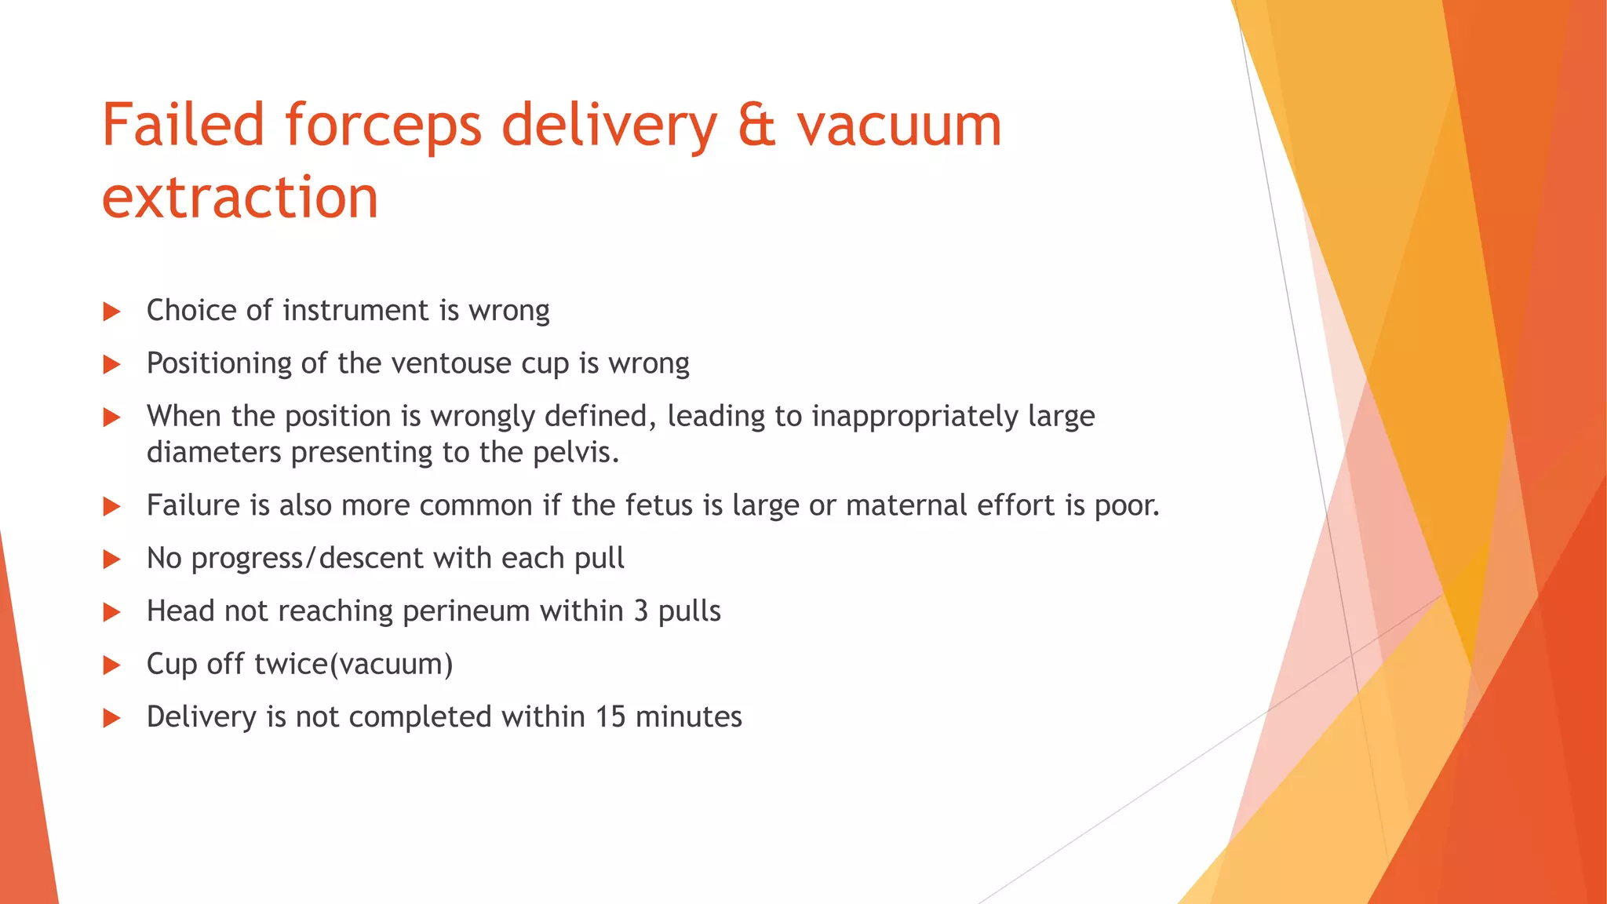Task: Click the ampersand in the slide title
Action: (x=756, y=126)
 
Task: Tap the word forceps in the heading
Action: (x=383, y=126)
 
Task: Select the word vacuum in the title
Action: (x=899, y=126)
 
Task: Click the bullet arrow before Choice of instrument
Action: (x=111, y=312)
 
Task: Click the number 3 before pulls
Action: (x=640, y=611)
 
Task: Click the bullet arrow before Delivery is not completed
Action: (x=111, y=718)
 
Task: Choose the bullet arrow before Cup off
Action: (x=111, y=665)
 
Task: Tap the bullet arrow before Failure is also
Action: (x=111, y=507)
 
